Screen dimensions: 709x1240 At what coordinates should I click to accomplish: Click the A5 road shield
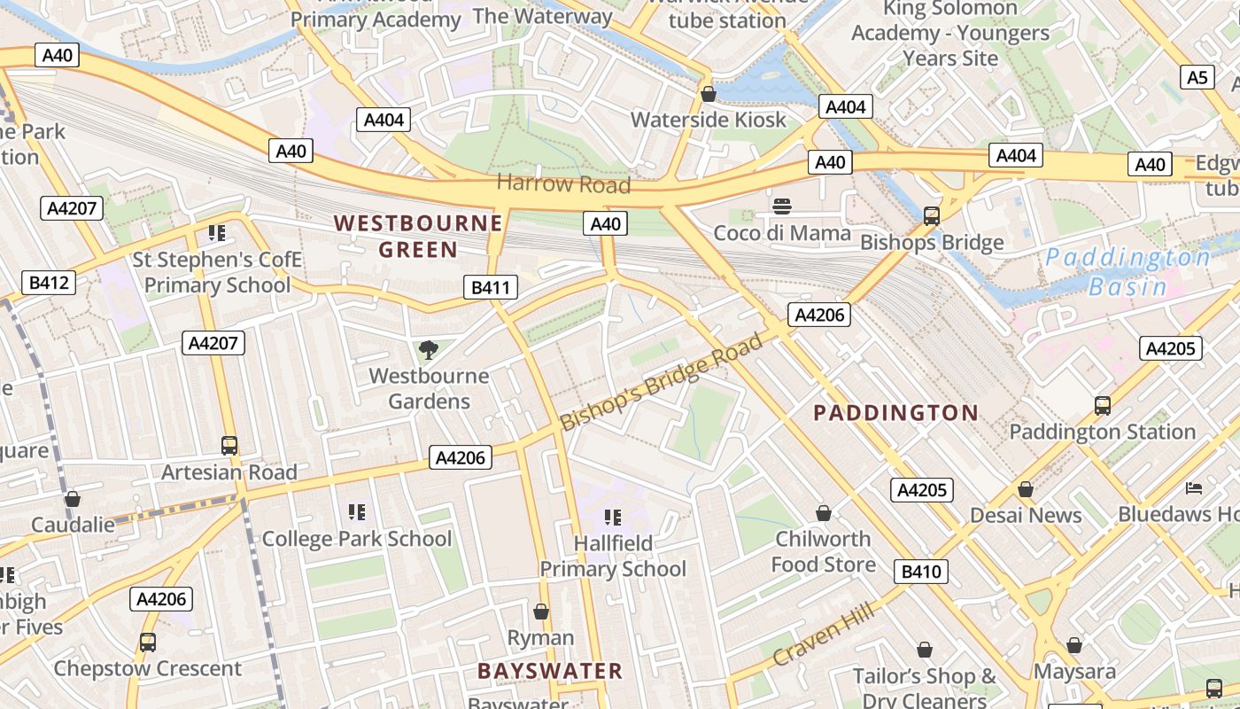pyautogui.click(x=1197, y=78)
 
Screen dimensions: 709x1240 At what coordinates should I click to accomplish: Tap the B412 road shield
pyautogui.click(x=48, y=283)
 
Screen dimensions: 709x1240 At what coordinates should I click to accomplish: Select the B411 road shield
pyautogui.click(x=490, y=287)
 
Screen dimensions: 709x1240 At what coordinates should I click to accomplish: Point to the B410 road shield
pyautogui.click(x=921, y=572)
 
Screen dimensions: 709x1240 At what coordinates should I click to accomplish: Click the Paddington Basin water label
pyautogui.click(x=1127, y=272)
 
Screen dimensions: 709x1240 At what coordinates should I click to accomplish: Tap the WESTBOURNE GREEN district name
pyautogui.click(x=418, y=236)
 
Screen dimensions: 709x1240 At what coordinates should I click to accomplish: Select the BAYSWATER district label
pyautogui.click(x=550, y=671)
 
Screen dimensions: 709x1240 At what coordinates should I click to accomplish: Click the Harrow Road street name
pyautogui.click(x=563, y=184)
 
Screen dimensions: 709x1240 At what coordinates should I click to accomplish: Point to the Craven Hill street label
pyautogui.click(x=824, y=635)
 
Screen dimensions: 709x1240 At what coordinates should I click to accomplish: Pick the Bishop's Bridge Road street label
pyautogui.click(x=662, y=381)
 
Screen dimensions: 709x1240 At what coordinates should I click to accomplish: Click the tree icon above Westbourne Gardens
pyautogui.click(x=429, y=349)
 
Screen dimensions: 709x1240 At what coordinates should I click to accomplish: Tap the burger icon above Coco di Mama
pyautogui.click(x=781, y=207)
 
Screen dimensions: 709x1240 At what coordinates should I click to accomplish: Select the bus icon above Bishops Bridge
pyautogui.click(x=931, y=215)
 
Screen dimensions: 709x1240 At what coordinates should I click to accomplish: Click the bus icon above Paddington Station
pyautogui.click(x=1102, y=406)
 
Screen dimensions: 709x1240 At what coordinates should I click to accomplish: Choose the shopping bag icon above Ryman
pyautogui.click(x=540, y=612)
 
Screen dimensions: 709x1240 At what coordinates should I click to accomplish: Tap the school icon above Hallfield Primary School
pyautogui.click(x=612, y=517)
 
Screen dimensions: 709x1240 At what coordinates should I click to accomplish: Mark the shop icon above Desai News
pyautogui.click(x=1025, y=489)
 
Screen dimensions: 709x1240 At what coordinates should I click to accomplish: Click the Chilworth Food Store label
pyautogui.click(x=823, y=551)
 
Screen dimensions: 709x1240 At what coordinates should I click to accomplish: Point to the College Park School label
pyautogui.click(x=357, y=539)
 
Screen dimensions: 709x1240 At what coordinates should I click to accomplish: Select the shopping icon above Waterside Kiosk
pyautogui.click(x=708, y=93)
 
